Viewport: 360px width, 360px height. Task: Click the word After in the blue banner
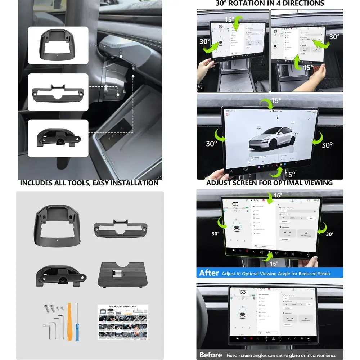(x=209, y=273)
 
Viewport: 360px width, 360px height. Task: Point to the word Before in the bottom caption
(x=211, y=355)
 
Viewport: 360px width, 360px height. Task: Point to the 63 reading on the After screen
(x=235, y=204)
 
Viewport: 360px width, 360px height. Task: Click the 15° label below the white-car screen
(x=289, y=174)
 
